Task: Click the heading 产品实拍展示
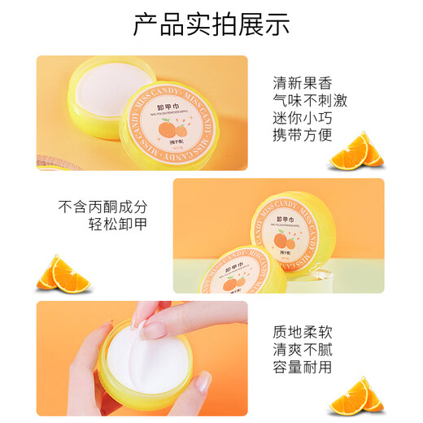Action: tap(211, 24)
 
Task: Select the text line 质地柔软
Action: tap(303, 332)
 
